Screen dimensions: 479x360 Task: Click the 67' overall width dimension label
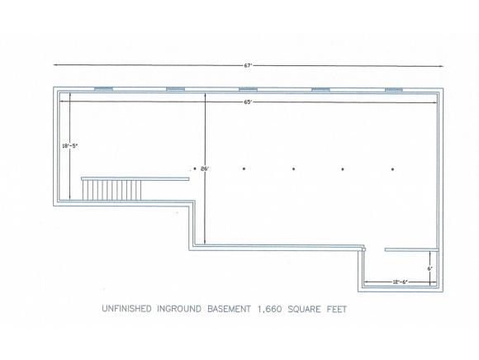coord(247,65)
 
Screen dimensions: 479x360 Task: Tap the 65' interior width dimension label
coord(247,102)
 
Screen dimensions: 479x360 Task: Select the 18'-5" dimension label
coord(70,146)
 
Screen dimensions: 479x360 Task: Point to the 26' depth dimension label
coord(206,168)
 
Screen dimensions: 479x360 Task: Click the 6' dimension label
coord(429,268)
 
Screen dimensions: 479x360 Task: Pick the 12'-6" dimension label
coord(401,282)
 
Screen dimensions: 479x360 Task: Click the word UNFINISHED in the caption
coord(126,309)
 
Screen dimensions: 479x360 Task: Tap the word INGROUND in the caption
coord(179,309)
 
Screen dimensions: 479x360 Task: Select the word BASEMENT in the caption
coord(229,309)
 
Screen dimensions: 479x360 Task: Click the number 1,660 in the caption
coord(269,310)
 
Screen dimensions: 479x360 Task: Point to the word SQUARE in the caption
coord(304,310)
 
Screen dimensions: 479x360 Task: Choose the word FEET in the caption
coord(337,310)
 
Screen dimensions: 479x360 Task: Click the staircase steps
coord(111,190)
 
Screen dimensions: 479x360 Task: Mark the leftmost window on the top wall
coord(103,89)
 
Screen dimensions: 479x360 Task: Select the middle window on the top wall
coord(248,89)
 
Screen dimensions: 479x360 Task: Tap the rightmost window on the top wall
coord(393,89)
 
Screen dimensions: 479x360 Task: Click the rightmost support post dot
coord(393,169)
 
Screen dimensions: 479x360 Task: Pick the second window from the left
coord(175,89)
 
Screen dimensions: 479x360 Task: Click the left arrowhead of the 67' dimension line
coord(56,64)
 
